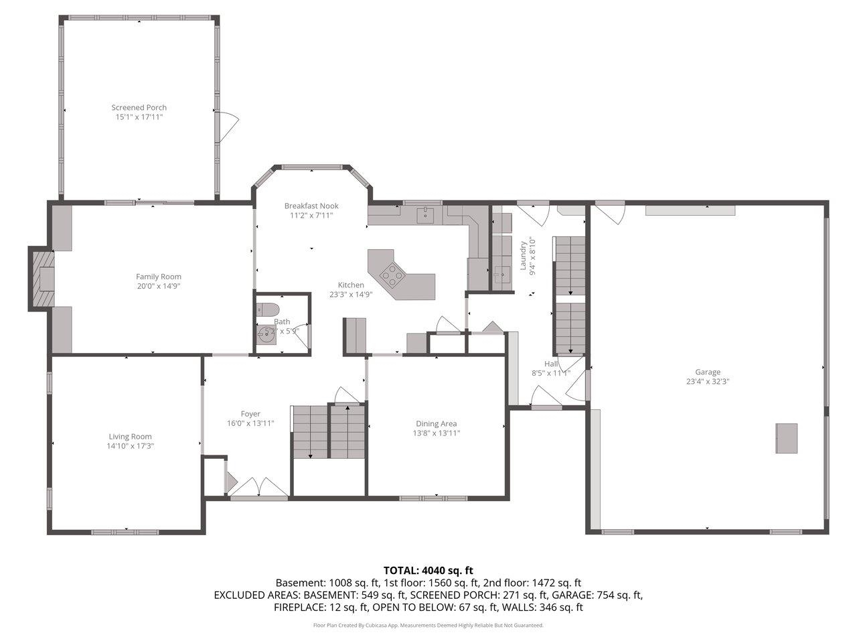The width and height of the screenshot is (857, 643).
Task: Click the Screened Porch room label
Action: (139, 107)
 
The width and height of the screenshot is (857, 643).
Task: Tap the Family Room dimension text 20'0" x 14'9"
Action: (158, 286)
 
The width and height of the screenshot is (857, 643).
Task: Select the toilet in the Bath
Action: (268, 310)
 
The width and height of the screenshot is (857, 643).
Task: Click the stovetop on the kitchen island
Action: (392, 273)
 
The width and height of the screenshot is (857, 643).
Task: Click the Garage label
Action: (707, 372)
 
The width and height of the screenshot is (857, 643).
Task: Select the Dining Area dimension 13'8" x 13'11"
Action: (437, 433)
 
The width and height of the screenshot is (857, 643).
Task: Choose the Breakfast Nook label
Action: (311, 206)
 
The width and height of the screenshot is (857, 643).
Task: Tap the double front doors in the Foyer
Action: (259, 488)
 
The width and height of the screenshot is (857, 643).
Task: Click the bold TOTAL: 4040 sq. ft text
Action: (428, 571)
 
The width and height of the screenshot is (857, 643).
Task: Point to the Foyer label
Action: (250, 414)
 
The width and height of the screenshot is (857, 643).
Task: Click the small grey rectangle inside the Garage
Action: (787, 438)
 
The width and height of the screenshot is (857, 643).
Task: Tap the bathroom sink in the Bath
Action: (267, 336)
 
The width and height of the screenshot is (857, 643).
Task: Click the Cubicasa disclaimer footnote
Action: (428, 625)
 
